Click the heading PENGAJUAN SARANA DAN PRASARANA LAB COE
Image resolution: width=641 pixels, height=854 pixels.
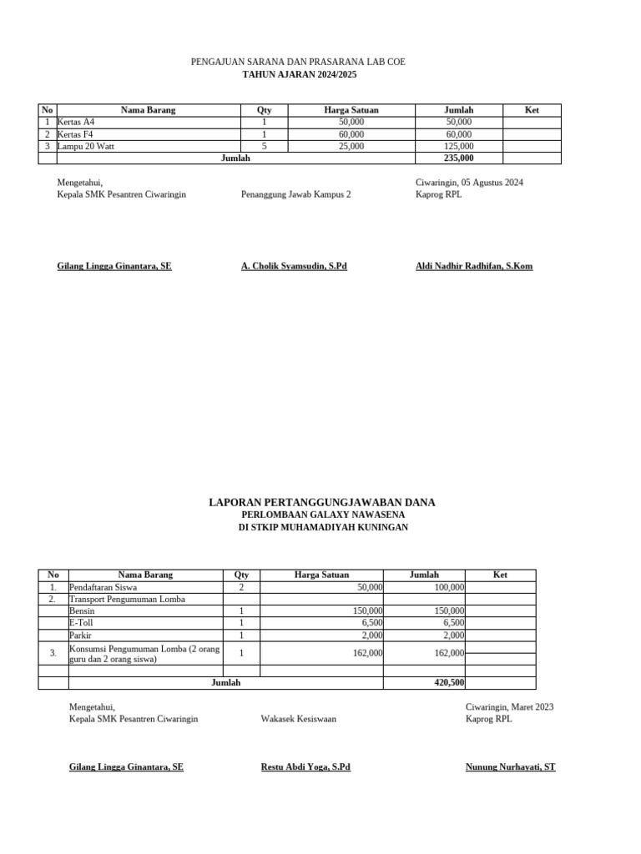pyautogui.click(x=298, y=63)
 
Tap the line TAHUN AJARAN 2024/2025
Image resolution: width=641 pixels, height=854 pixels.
pyautogui.click(x=298, y=74)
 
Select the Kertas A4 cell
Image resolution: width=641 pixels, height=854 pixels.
pyautogui.click(x=76, y=122)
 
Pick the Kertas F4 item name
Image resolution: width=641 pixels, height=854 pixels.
pyautogui.click(x=76, y=134)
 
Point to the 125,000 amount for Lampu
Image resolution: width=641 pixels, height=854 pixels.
pyautogui.click(x=458, y=146)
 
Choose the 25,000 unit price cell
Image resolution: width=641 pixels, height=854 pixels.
pyautogui.click(x=351, y=146)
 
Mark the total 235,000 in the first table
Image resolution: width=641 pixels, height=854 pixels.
pyautogui.click(x=458, y=158)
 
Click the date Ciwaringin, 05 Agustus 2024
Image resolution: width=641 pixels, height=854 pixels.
pyautogui.click(x=469, y=182)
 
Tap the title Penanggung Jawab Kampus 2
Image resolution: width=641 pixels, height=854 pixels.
pyautogui.click(x=295, y=194)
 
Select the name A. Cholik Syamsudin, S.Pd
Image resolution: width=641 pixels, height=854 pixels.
pyautogui.click(x=293, y=266)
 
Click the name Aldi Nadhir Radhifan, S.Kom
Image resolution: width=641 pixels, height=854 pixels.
pyautogui.click(x=473, y=266)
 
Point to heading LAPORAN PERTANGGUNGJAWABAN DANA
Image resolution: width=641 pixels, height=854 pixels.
pyautogui.click(x=321, y=502)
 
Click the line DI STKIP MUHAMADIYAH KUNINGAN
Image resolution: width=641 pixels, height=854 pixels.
pyautogui.click(x=323, y=528)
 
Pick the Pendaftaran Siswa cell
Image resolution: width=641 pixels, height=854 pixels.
pyautogui.click(x=104, y=587)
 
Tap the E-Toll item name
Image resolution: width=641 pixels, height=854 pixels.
pyautogui.click(x=81, y=622)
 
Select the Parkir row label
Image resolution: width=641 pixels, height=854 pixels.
pyautogui.click(x=80, y=635)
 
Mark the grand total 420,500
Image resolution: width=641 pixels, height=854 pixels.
pyautogui.click(x=450, y=682)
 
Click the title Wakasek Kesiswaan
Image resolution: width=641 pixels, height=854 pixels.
pyautogui.click(x=298, y=719)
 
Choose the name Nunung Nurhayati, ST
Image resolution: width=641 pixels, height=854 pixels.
pyautogui.click(x=510, y=766)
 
